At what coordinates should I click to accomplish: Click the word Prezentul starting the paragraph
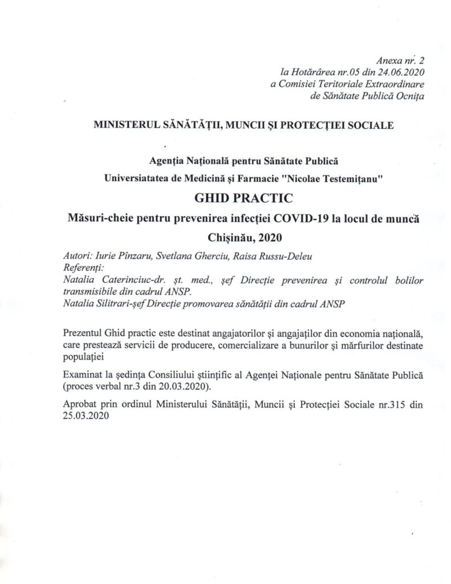coord(83,332)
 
